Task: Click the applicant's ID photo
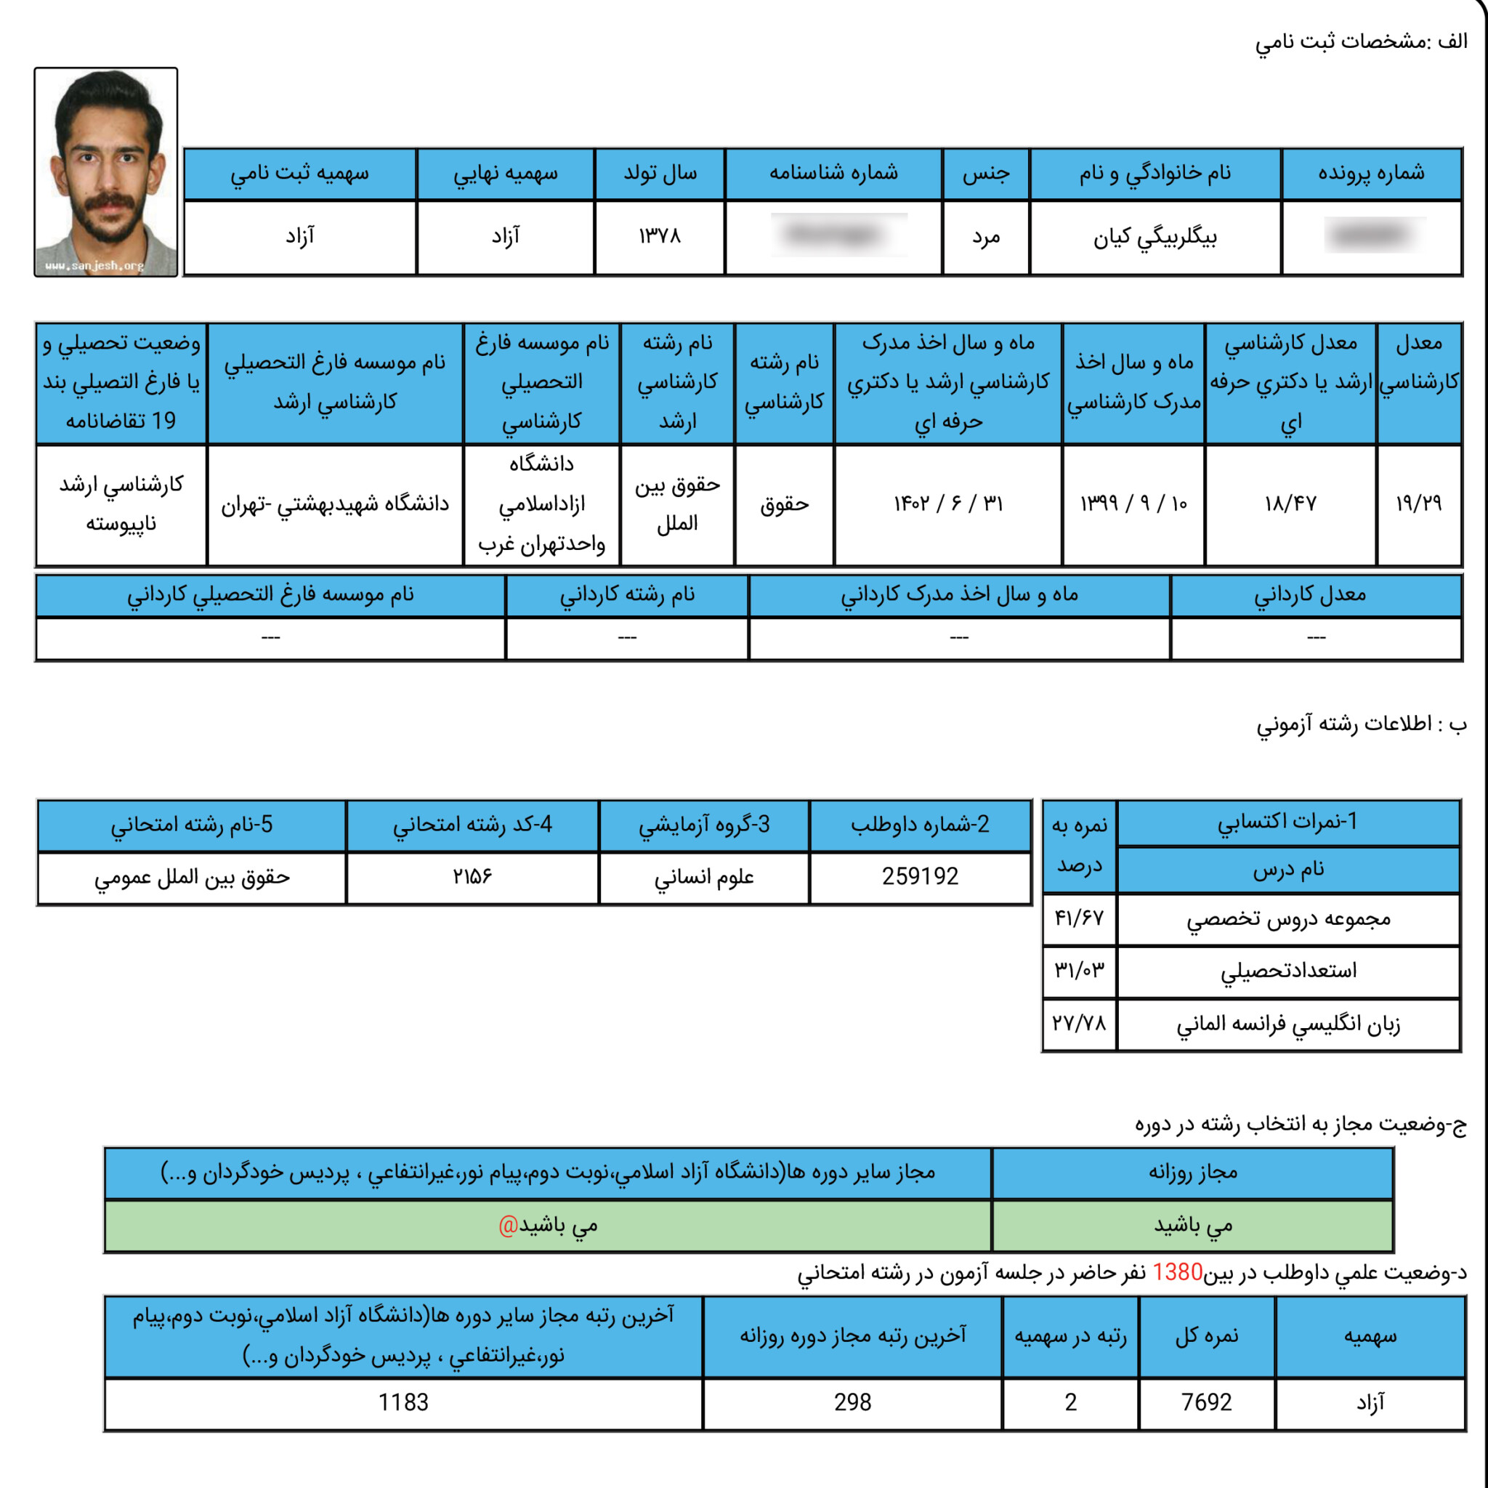[x=105, y=171]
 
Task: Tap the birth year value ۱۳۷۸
[x=659, y=236]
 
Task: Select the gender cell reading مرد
[x=985, y=237]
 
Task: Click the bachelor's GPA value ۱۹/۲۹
[x=1418, y=504]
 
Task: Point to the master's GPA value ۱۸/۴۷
[x=1290, y=504]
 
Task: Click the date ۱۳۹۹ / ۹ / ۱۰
[x=1133, y=504]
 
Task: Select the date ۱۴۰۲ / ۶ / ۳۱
[x=948, y=504]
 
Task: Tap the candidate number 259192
[x=920, y=876]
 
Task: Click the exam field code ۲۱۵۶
[x=472, y=876]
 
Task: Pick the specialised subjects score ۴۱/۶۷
[x=1079, y=918]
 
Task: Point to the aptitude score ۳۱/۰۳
[x=1079, y=970]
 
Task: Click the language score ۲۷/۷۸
[x=1079, y=1024]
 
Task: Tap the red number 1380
[x=1177, y=1272]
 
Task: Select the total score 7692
[x=1206, y=1402]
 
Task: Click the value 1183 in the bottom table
[x=403, y=1402]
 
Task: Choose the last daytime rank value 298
[x=852, y=1402]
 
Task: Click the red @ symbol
[x=509, y=1224]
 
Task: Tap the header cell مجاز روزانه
[x=1192, y=1172]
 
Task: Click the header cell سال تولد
[x=659, y=174]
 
